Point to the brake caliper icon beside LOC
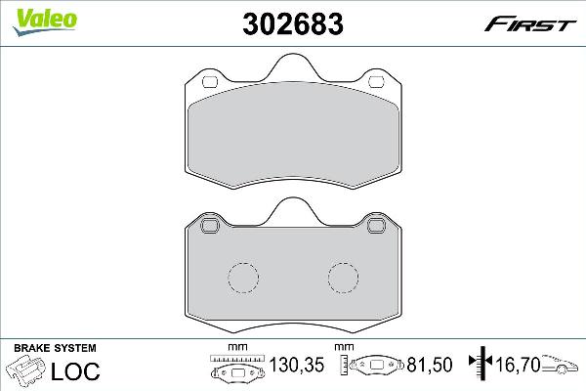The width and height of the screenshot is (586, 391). point(28,371)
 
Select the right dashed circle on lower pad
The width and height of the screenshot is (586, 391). point(344,279)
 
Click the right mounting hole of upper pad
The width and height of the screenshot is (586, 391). point(374,81)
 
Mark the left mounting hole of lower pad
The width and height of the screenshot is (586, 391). point(210,227)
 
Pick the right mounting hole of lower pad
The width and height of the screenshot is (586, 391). point(374,227)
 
